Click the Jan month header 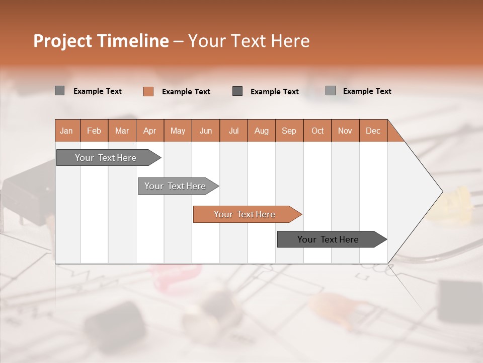coord(67,131)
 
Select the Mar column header coord(122,131)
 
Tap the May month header coord(178,131)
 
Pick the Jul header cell coord(233,131)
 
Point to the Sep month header coord(289,131)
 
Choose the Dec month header coord(373,131)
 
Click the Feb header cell coord(94,131)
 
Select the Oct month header coord(317,131)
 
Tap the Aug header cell coord(261,131)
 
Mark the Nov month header coord(345,131)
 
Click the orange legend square coord(148,91)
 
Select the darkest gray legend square coord(237,91)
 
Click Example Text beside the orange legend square coord(186,92)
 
